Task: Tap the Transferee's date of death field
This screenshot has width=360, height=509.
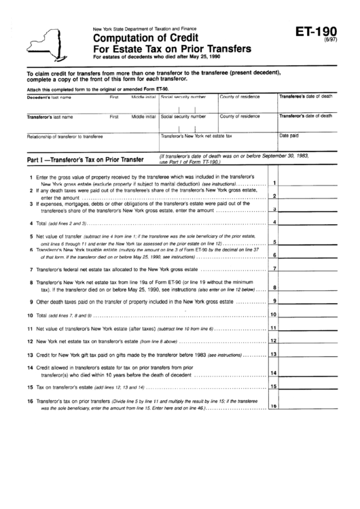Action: click(x=306, y=104)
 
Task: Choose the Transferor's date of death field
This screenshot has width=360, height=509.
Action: click(x=306, y=123)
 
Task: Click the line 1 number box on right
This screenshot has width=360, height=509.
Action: click(x=273, y=183)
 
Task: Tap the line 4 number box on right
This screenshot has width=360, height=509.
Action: click(x=273, y=222)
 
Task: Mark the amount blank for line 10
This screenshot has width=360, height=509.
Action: click(x=307, y=315)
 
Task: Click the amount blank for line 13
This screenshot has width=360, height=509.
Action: click(x=307, y=354)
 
